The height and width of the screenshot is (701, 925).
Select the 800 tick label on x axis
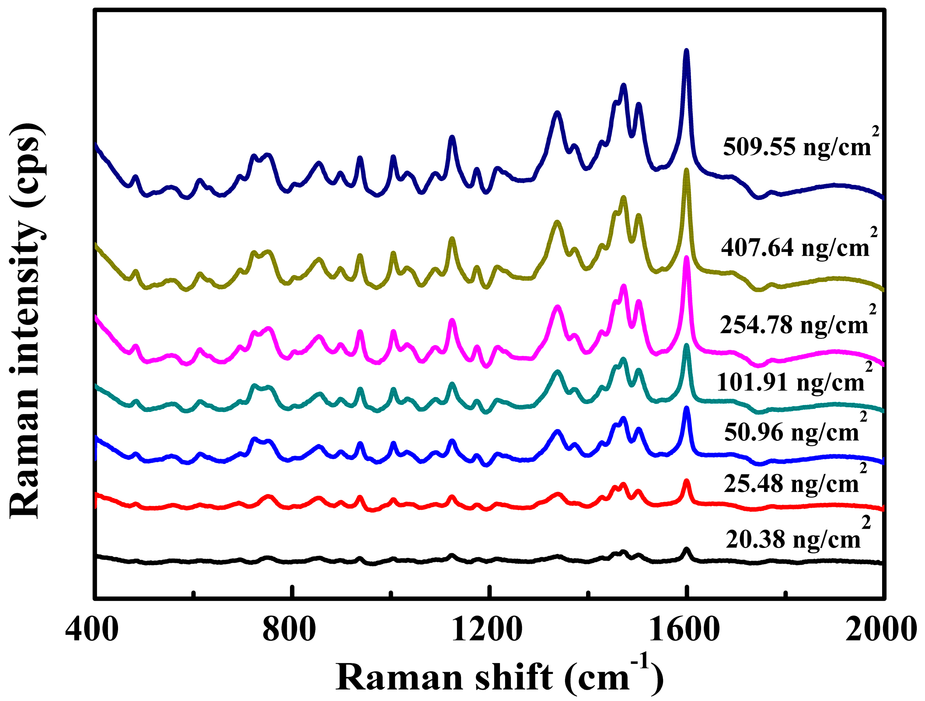289,630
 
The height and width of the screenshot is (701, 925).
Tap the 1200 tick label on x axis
487,630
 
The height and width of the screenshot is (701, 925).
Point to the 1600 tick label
684,630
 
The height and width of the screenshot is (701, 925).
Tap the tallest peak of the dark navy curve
686,52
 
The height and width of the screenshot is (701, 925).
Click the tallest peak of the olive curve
686,171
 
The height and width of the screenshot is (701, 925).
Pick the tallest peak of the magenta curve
686,258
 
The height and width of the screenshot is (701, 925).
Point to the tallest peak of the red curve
686,481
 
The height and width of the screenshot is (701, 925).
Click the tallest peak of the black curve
686,549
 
